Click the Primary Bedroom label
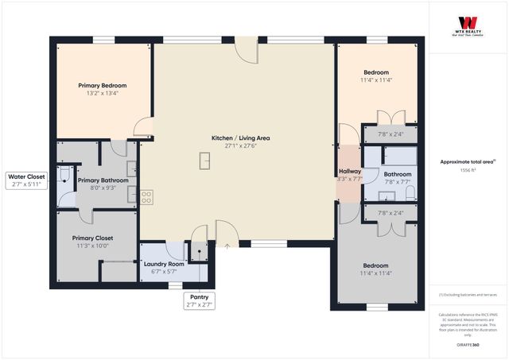click(102, 85)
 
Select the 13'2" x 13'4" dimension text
click(102, 93)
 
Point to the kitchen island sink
click(204, 161)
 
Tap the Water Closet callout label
click(26, 176)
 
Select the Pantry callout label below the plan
click(198, 296)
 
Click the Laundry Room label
click(163, 264)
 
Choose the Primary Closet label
click(92, 238)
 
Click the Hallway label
click(350, 172)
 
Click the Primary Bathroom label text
click(103, 180)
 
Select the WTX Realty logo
click(468, 23)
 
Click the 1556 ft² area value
click(468, 170)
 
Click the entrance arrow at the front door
click(227, 246)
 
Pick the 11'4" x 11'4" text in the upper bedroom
click(375, 79)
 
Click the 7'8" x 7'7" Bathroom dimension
click(398, 181)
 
